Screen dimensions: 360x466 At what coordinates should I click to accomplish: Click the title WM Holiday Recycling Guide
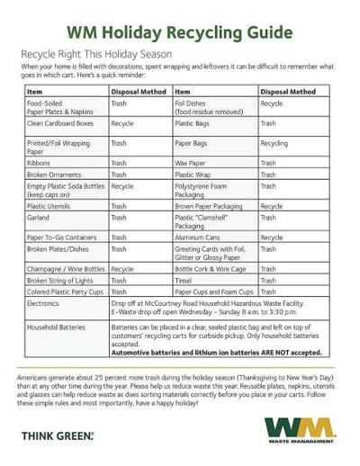coord(180,34)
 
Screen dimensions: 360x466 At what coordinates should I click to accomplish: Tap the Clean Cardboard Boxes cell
coord(60,122)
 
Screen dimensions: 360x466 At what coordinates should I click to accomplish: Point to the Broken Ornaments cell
coord(56,175)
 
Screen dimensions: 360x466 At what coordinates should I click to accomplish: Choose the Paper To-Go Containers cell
coord(61,237)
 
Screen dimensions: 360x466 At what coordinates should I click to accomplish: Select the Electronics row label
coord(46,303)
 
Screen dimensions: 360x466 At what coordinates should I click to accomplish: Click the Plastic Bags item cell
coord(193,122)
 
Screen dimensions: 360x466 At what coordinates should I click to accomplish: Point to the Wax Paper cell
coord(191,163)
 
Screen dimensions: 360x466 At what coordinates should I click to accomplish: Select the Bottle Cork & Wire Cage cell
coord(208,268)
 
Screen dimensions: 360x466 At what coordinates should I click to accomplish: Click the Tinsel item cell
coord(184,281)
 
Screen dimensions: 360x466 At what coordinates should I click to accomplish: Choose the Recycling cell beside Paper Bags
coord(274,142)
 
